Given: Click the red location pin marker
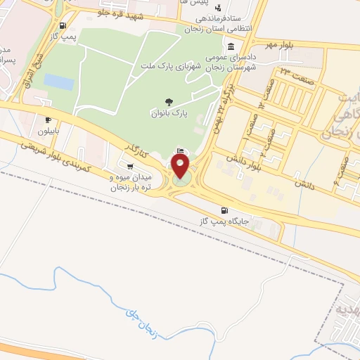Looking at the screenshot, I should tap(181, 167).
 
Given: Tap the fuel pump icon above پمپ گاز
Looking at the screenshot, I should tap(63, 25).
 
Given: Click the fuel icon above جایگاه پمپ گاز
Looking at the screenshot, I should tap(224, 210).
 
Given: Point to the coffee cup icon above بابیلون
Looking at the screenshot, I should tap(48, 120).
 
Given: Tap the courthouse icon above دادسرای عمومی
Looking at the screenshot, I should tap(231, 46).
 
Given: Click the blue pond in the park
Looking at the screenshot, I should tap(59, 83).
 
